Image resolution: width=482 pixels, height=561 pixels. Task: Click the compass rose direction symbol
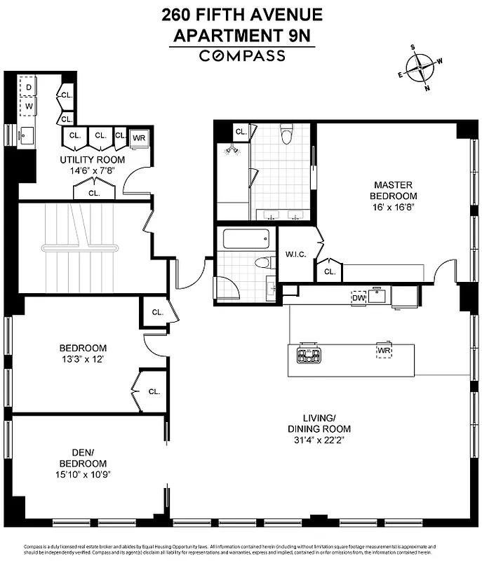[x=420, y=68]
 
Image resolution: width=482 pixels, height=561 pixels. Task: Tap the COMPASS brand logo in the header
[x=241, y=56]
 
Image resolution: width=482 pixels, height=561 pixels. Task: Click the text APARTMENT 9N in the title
[x=241, y=34]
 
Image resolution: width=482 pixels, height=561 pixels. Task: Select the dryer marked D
[x=29, y=88]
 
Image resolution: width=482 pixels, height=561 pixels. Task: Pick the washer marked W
[x=29, y=107]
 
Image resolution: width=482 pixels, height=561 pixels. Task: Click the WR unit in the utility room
[x=139, y=137]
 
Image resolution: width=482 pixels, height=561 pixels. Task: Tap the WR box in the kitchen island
[x=384, y=350]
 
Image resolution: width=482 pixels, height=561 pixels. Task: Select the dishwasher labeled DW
[x=359, y=297]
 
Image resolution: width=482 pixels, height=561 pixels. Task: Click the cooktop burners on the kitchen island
[x=309, y=355]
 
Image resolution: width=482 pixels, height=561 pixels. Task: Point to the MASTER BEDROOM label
[x=395, y=190]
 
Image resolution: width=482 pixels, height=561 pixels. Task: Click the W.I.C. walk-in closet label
[x=294, y=255]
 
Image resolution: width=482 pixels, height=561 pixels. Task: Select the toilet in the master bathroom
[x=286, y=133]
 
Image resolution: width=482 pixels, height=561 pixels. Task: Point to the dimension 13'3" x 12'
[x=82, y=360]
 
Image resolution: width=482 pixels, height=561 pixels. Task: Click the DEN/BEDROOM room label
[x=82, y=458]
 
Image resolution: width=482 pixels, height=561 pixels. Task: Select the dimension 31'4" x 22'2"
[x=319, y=440]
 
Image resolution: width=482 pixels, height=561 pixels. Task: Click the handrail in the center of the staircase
[x=84, y=248]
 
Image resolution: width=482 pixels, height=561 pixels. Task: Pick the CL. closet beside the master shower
[x=241, y=131]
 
